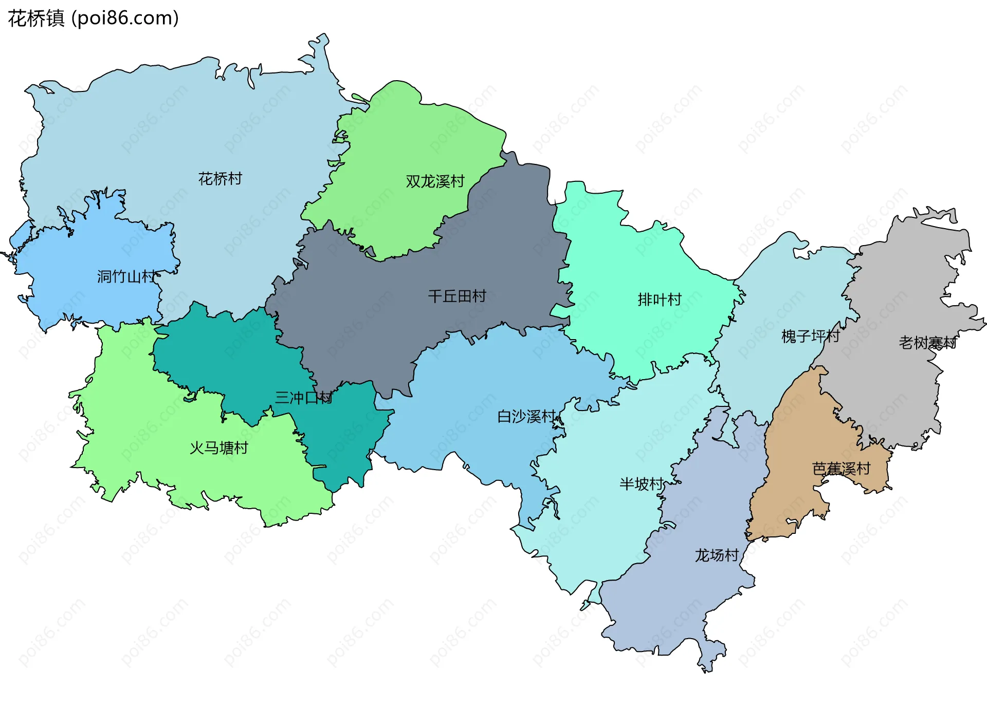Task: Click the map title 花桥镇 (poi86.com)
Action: tap(93, 18)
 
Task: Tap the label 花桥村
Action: tap(220, 179)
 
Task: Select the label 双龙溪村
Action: tap(435, 181)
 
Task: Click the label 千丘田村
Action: tap(457, 296)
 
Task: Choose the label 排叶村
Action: tap(660, 299)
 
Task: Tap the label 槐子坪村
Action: tap(810, 336)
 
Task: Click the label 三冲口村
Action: tap(303, 397)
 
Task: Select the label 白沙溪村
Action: tap(526, 416)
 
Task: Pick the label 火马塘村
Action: tap(219, 448)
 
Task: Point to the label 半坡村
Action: tap(642, 483)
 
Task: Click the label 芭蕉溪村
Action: tap(841, 469)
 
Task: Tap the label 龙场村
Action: tap(717, 555)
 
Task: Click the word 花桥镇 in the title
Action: tap(36, 18)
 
